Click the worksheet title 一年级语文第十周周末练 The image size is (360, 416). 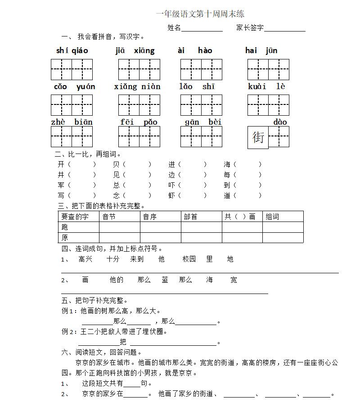tap(200, 14)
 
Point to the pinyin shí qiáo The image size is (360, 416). tap(72, 50)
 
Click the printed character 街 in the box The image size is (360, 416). tap(258, 137)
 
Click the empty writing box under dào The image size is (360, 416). tap(279, 137)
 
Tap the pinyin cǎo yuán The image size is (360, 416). tap(74, 86)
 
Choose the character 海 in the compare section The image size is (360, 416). tap(227, 164)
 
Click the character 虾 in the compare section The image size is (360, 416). tap(172, 195)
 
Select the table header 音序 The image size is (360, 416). tap(149, 217)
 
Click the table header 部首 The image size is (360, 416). tap(190, 217)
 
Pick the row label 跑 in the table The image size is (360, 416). tap(65, 227)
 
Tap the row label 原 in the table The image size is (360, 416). tap(65, 237)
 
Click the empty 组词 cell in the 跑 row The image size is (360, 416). tap(283, 227)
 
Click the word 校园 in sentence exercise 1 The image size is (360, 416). tap(189, 259)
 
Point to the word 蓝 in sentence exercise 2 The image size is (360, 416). tap(165, 280)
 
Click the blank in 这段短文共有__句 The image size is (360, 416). tap(132, 384)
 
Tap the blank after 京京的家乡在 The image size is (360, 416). tap(136, 394)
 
